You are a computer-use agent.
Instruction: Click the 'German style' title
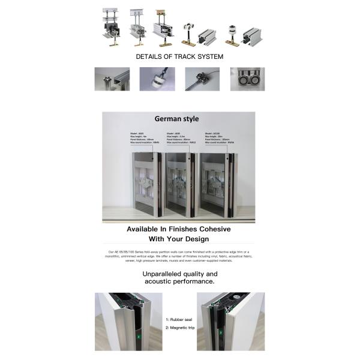[x=177, y=119]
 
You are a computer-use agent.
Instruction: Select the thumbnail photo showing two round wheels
[x=247, y=79]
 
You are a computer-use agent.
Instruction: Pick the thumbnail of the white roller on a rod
[x=157, y=79]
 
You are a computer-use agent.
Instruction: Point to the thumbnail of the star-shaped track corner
[x=112, y=79]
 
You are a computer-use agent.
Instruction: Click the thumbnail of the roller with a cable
[x=202, y=79]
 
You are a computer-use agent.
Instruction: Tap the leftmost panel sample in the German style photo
[x=146, y=184]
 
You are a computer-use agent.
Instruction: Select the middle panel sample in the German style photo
[x=180, y=184]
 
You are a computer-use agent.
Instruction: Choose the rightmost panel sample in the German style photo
[x=214, y=184]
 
